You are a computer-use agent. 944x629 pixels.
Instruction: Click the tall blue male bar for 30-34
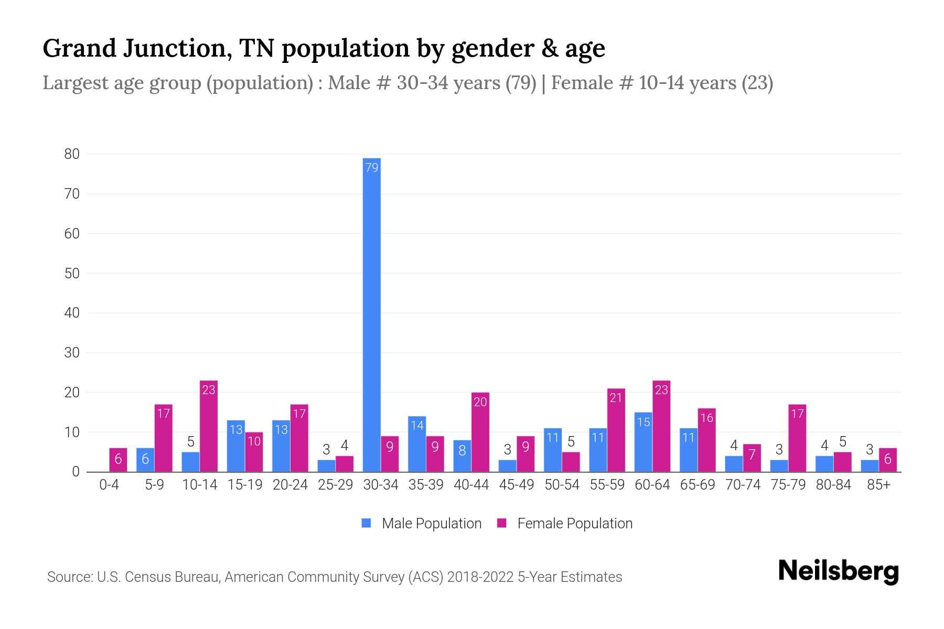click(371, 314)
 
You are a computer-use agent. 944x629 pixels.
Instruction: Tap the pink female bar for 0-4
click(118, 460)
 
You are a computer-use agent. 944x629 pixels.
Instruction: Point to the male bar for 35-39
click(417, 444)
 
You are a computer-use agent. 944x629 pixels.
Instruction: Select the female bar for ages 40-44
click(480, 432)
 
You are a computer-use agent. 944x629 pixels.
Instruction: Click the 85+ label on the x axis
click(878, 485)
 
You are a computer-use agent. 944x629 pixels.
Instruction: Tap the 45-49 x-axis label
click(517, 485)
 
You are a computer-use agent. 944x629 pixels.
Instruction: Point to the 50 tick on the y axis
click(72, 273)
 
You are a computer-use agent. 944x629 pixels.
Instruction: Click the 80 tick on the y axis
click(72, 154)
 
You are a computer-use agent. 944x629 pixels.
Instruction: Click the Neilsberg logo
click(839, 571)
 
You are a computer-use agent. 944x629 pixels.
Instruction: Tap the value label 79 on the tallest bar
click(371, 168)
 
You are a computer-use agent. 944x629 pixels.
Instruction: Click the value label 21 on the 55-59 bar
click(616, 398)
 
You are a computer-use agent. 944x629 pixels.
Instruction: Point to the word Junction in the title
click(178, 48)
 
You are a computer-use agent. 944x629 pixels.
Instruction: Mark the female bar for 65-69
click(706, 440)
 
